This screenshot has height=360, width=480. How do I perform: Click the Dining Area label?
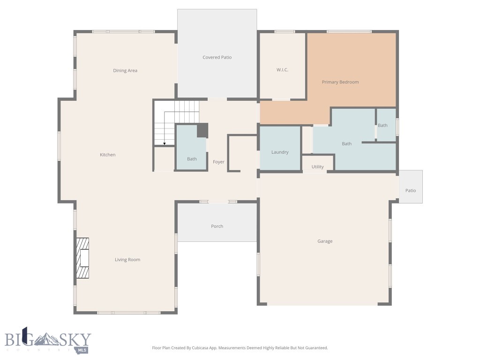click(x=125, y=71)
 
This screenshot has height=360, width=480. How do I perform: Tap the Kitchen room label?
click(x=107, y=155)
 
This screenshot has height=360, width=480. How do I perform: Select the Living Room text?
click(x=127, y=260)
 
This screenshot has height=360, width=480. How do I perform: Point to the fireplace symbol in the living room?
click(x=82, y=258)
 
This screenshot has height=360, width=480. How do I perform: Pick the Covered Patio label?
click(x=217, y=57)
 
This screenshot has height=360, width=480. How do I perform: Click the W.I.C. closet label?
click(x=282, y=70)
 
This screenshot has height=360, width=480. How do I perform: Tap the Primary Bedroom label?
click(x=340, y=82)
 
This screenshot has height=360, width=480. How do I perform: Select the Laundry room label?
click(x=280, y=152)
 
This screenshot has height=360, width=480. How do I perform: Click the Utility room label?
click(x=317, y=167)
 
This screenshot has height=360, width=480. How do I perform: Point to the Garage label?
click(x=325, y=241)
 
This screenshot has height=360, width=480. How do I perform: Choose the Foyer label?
click(x=218, y=162)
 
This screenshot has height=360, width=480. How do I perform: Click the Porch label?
click(x=217, y=226)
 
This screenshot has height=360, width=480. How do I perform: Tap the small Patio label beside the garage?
click(x=411, y=191)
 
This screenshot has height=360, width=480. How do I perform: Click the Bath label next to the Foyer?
click(x=192, y=159)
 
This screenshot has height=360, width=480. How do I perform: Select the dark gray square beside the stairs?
click(x=202, y=130)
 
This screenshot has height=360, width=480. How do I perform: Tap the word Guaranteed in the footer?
click(x=315, y=348)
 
